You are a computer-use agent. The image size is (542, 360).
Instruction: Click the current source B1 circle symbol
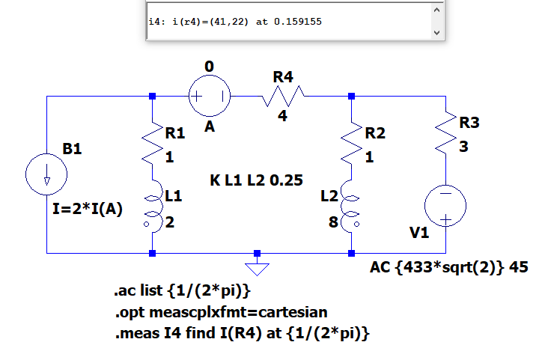tap(47, 174)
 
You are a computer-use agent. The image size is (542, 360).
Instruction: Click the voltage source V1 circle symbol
tap(445, 205)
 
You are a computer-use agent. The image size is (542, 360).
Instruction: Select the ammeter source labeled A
tap(209, 96)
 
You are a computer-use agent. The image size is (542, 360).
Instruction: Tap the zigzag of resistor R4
tap(282, 96)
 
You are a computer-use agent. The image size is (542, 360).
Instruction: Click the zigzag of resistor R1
tap(153, 139)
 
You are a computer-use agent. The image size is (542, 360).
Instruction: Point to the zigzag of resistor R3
tap(446, 132)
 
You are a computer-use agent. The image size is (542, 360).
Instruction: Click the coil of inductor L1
tap(152, 205)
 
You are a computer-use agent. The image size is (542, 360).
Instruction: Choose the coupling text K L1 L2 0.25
tap(246, 180)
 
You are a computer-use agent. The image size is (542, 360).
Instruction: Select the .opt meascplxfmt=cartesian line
tap(221, 311)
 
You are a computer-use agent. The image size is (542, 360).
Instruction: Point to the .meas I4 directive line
tap(243, 333)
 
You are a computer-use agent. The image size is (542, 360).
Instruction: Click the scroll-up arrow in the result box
tap(436, 10)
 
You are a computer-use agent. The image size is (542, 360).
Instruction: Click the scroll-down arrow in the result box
tap(436, 34)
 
